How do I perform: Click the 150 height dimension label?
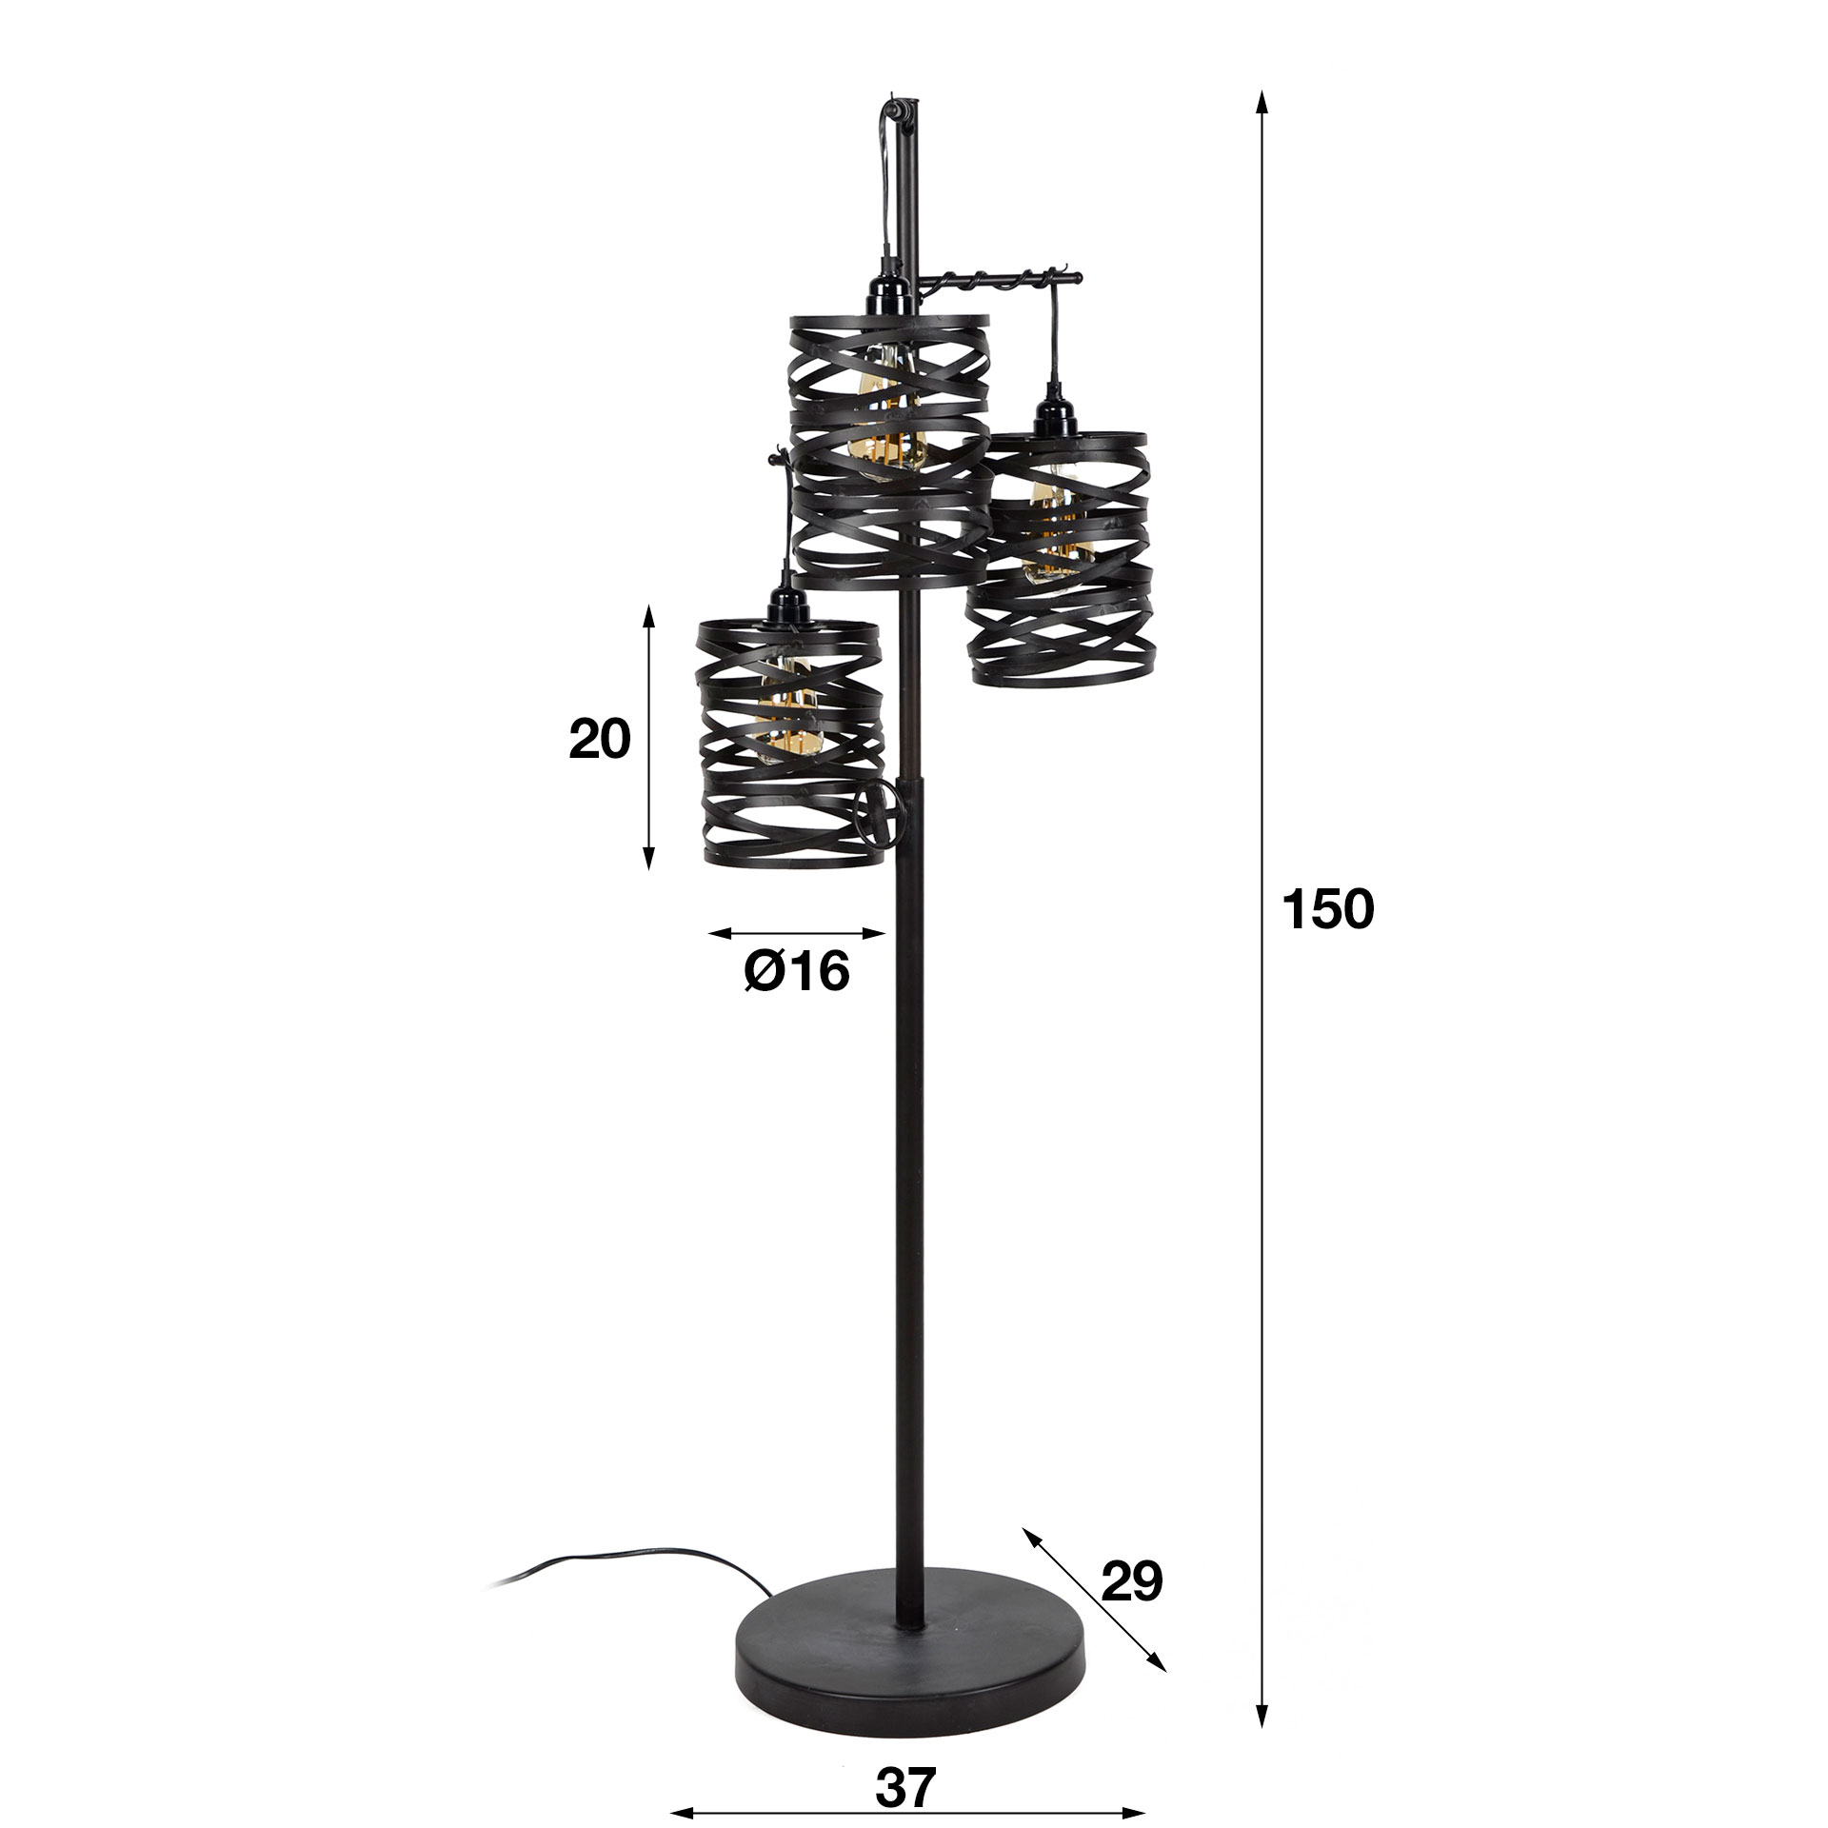[x=1328, y=909]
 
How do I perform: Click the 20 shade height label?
[x=600, y=739]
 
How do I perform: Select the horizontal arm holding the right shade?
[x=1000, y=279]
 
